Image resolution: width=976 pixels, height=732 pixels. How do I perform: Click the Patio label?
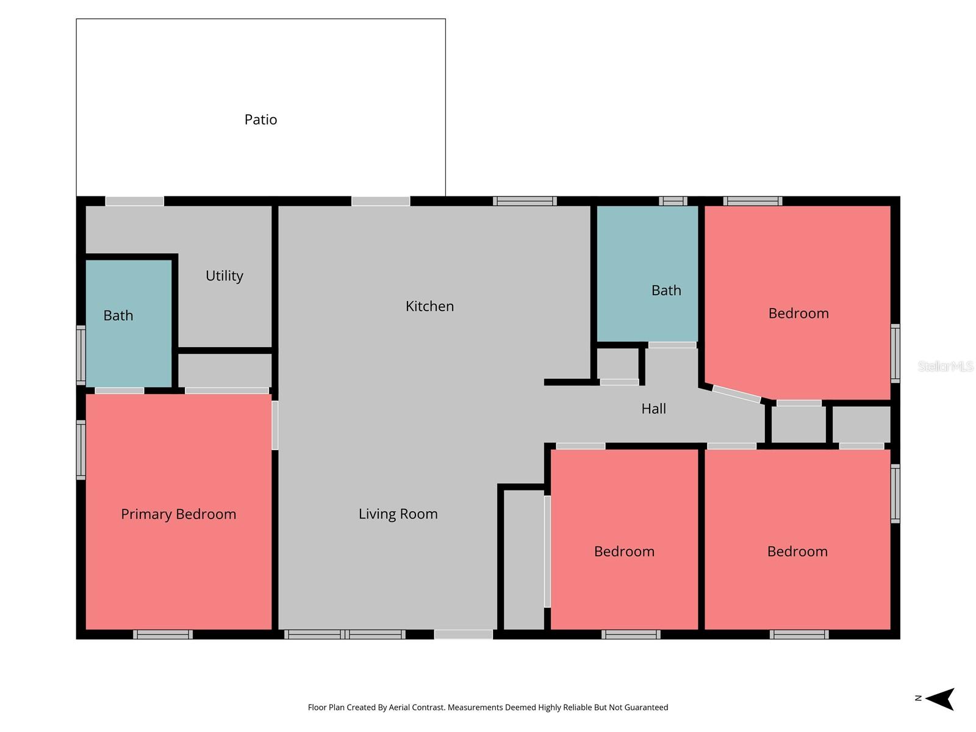click(260, 120)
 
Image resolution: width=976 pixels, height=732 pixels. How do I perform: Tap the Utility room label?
click(224, 276)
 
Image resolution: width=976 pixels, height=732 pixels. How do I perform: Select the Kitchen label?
click(429, 306)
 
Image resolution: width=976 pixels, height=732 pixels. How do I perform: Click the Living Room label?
click(398, 514)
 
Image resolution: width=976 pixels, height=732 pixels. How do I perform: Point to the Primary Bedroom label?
click(178, 514)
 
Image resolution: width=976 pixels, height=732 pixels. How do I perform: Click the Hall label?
click(653, 409)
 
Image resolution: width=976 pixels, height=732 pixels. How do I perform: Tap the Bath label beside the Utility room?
click(118, 315)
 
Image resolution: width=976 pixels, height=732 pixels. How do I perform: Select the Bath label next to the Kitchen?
click(666, 290)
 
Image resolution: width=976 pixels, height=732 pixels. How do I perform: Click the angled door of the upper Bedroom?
click(736, 394)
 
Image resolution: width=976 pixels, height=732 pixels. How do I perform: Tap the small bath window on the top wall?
click(673, 201)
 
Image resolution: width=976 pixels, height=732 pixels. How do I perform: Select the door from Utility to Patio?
click(135, 201)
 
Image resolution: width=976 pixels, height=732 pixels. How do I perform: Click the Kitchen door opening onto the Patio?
click(381, 201)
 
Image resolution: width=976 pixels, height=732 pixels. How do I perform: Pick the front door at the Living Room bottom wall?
click(463, 634)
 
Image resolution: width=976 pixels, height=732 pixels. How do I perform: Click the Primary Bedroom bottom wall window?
click(163, 634)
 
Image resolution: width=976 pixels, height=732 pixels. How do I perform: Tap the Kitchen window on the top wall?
click(525, 201)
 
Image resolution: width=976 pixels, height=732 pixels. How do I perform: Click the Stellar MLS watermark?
click(945, 366)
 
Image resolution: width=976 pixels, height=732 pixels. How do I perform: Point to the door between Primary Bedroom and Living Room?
click(275, 425)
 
